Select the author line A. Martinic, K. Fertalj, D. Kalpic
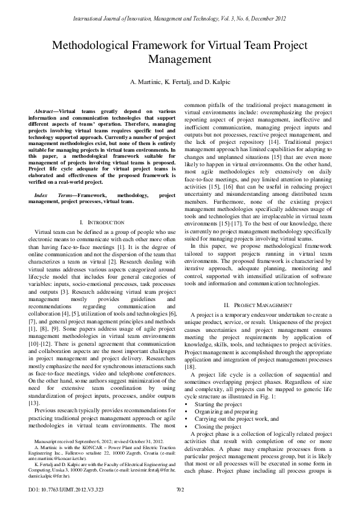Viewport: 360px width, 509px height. pyautogui.click(x=180, y=81)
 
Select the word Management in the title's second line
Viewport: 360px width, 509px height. pyautogui.click(x=180, y=60)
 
